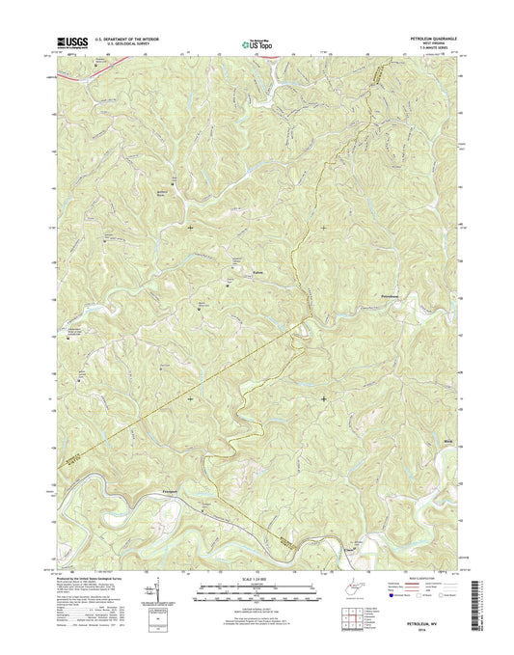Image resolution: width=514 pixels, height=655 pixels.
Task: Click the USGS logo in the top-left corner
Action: [x=71, y=41]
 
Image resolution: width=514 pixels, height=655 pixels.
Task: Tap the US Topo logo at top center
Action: [x=257, y=42]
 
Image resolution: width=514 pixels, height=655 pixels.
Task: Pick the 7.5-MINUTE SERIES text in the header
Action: [x=431, y=49]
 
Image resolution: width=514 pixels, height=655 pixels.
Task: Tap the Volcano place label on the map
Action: [x=257, y=275]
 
